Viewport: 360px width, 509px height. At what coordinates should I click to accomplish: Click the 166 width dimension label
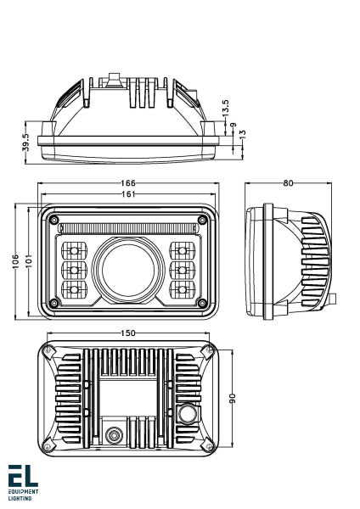coord(128,183)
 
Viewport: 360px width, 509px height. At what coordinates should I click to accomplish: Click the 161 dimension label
coord(128,195)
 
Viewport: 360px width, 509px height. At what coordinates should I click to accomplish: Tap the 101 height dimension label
coord(29,261)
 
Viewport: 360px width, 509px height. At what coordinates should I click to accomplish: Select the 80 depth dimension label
coord(289,182)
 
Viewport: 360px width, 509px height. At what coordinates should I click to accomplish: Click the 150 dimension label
coord(127,333)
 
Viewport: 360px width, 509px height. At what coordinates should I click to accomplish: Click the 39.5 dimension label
coord(25,140)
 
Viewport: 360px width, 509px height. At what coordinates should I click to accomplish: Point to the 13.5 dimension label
coord(225,109)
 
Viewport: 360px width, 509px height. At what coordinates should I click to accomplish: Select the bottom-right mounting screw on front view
coord(201,303)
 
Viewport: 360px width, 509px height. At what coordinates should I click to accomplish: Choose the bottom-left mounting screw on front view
coord(55,303)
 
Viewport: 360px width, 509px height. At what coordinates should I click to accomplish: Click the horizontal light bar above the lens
coord(128,227)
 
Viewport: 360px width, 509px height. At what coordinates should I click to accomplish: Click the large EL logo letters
coord(22,477)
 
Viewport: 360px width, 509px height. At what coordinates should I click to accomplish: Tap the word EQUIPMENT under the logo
coord(22,491)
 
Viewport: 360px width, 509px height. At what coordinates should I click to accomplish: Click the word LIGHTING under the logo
coord(20,498)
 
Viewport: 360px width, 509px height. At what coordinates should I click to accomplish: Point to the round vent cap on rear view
coord(188,415)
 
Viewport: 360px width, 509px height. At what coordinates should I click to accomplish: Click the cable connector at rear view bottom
coord(114,437)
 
